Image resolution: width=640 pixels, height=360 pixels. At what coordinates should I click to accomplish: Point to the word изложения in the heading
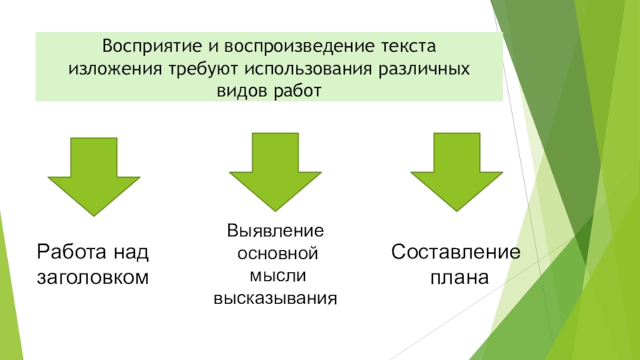pyautogui.click(x=110, y=68)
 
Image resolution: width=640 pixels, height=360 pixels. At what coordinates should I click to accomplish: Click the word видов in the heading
pyautogui.click(x=238, y=90)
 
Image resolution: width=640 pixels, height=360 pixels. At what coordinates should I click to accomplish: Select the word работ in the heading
pyautogui.click(x=296, y=90)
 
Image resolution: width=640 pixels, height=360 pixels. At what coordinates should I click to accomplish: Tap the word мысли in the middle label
pyautogui.click(x=274, y=276)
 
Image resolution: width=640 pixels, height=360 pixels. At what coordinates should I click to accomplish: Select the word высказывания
pyautogui.click(x=274, y=299)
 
